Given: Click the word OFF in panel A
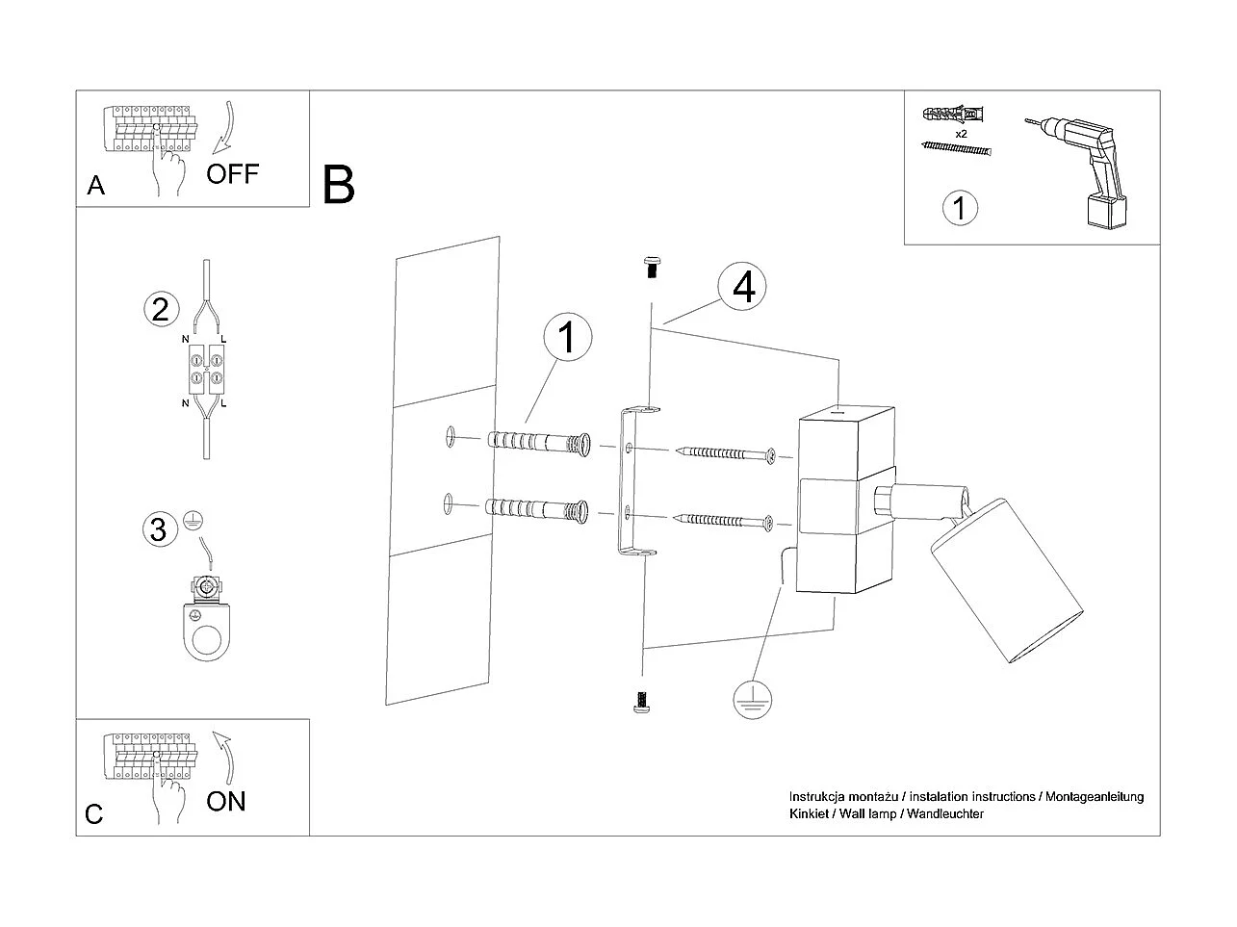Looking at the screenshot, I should pyautogui.click(x=232, y=174).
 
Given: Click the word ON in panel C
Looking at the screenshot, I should pyautogui.click(x=226, y=801).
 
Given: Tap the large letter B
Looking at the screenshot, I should pyautogui.click(x=339, y=185).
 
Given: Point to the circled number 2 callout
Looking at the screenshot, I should pyautogui.click(x=160, y=309).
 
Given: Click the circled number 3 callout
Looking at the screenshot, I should pyautogui.click(x=159, y=528).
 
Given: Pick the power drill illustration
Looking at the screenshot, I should pyautogui.click(x=1087, y=169).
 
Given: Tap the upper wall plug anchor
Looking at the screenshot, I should pyautogui.click(x=538, y=443).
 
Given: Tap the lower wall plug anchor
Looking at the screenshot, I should pyautogui.click(x=538, y=507).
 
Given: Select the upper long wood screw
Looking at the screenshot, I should pyautogui.click(x=727, y=452).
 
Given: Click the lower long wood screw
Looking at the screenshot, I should pyautogui.click(x=727, y=522).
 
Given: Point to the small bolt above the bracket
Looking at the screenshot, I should pyautogui.click(x=652, y=267).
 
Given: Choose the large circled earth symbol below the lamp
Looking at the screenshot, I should pyautogui.click(x=752, y=699).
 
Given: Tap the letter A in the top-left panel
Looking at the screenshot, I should pyautogui.click(x=95, y=185).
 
